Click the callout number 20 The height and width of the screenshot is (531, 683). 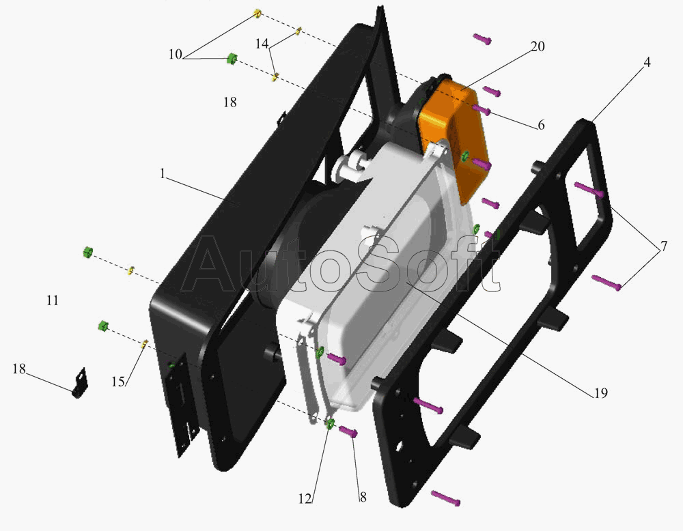(x=538, y=46)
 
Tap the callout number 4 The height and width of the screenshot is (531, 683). (x=647, y=63)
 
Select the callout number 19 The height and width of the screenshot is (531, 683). (x=600, y=393)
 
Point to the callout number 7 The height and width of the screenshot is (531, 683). (x=664, y=247)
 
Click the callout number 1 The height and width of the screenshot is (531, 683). (x=163, y=174)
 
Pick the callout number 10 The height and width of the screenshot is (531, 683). (x=175, y=55)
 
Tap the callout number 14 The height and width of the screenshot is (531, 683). (x=262, y=44)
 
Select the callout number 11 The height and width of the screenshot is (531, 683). (x=53, y=300)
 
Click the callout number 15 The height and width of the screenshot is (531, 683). (x=118, y=382)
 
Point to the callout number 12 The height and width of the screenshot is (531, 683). (x=305, y=499)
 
